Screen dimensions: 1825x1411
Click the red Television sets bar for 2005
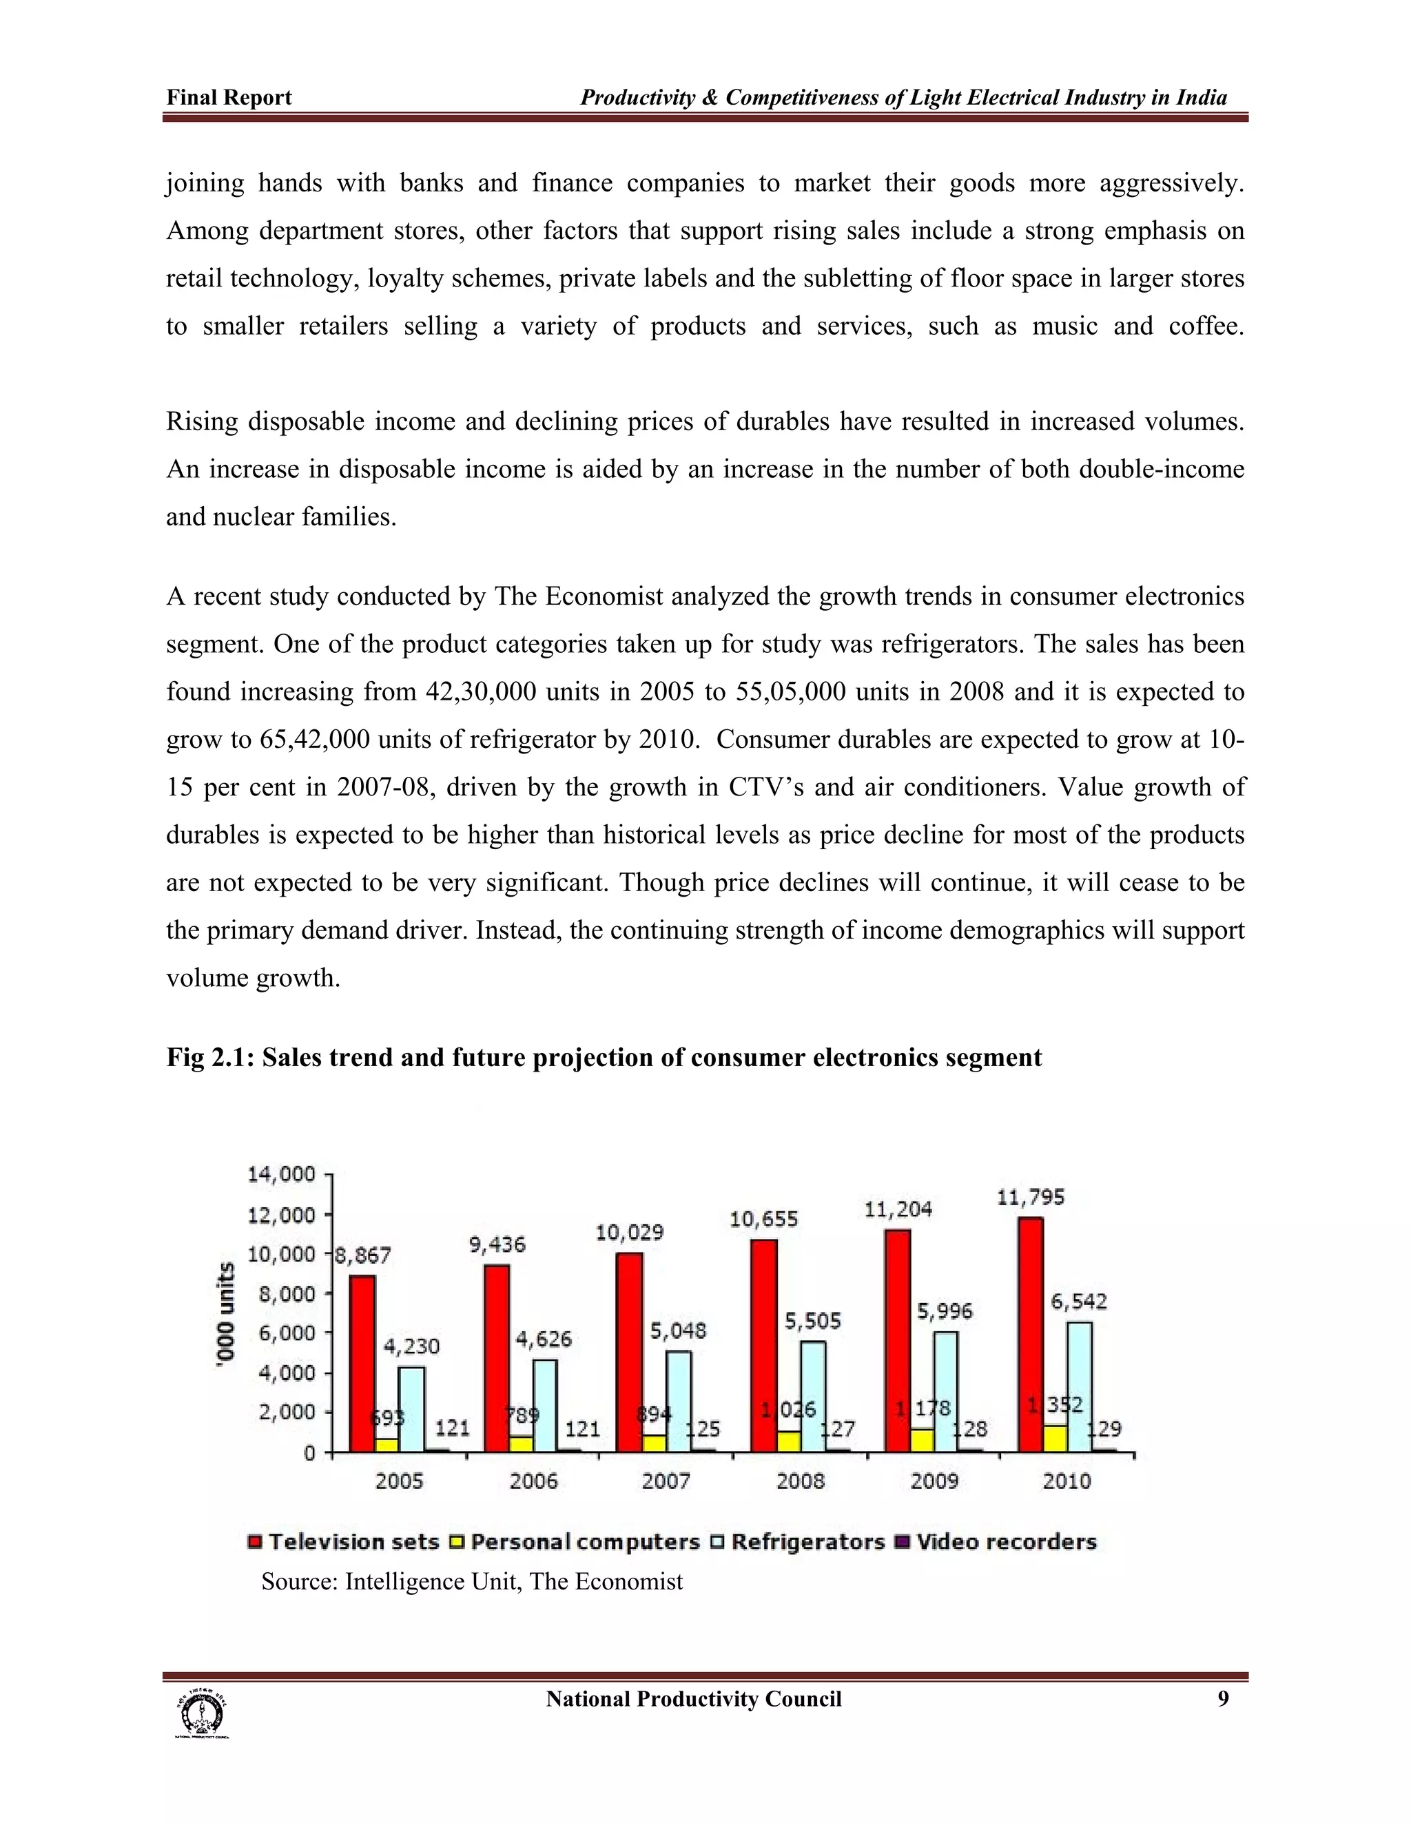362,1363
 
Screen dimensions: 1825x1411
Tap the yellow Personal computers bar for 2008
788,1441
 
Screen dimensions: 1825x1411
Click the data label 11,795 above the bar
1031,1198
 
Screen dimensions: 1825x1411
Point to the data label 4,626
544,1339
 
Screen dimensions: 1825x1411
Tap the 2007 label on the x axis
666,1481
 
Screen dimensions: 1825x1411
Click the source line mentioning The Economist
472,1581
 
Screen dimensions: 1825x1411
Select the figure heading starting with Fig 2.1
604,1058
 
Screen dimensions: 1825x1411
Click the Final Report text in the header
229,98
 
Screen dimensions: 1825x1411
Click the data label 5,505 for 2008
812,1321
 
